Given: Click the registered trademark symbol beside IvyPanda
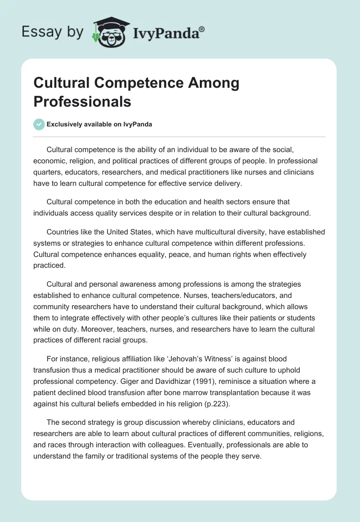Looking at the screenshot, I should pos(202,29).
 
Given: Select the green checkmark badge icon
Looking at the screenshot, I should pos(39,124).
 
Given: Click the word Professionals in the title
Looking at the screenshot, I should pos(82,102).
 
